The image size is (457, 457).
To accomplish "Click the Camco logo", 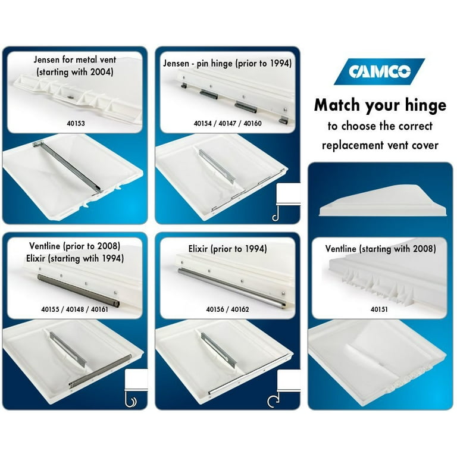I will pyautogui.click(x=379, y=71).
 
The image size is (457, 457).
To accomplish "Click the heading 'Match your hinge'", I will pyautogui.click(x=380, y=105).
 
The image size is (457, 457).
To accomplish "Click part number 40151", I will pyautogui.click(x=379, y=309).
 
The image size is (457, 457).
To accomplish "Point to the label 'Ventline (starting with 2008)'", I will pyautogui.click(x=380, y=249).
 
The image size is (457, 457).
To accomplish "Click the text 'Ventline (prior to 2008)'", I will pyautogui.click(x=74, y=245).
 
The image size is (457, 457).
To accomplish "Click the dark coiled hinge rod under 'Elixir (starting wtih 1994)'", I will pyautogui.click(x=74, y=286).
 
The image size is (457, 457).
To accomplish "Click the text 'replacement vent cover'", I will pyautogui.click(x=380, y=145).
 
